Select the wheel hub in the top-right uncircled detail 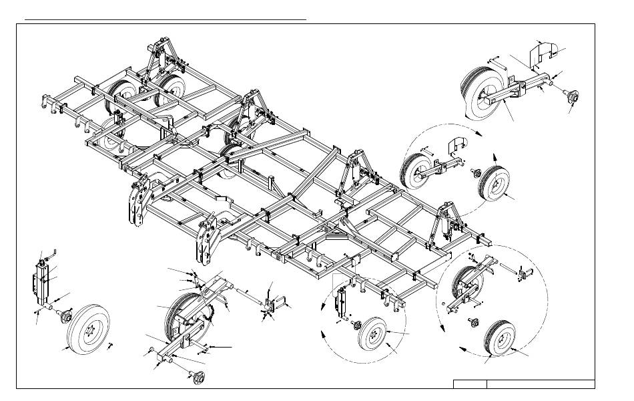click(x=571, y=98)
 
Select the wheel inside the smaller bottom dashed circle click(x=374, y=331)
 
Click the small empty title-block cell click(x=470, y=384)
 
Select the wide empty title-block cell click(x=541, y=384)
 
